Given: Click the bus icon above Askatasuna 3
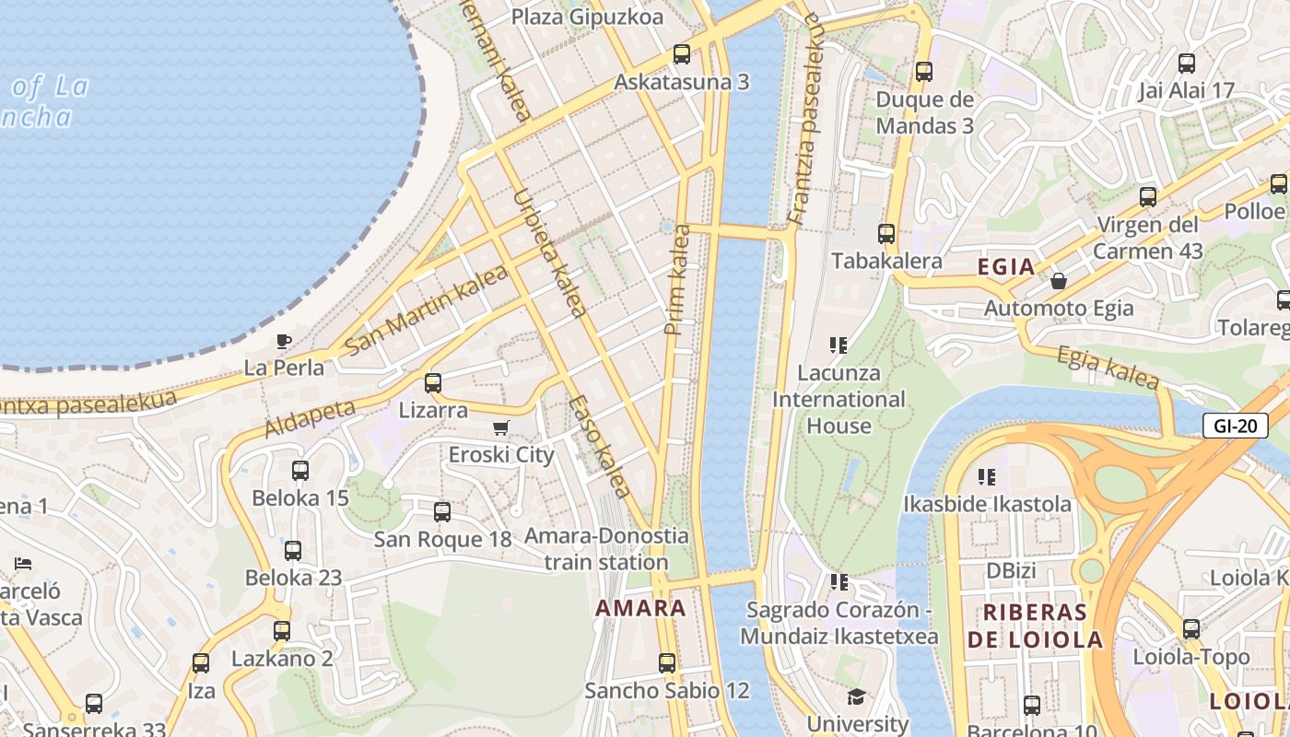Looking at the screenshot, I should pos(682,54).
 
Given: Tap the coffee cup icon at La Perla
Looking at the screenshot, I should pos(284,342).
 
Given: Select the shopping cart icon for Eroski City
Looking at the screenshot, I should pos(501,427).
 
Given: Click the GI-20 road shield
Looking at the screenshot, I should pos(1235,426).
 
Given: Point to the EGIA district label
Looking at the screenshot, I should pos(1006,267).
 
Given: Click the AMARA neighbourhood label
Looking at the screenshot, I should pos(640,608).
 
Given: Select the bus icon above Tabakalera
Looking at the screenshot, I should pos(886,234).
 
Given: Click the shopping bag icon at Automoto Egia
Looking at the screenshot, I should pos(1059,280).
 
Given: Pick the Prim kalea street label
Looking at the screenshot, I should pos(677,279).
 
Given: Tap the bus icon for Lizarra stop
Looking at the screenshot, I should pos(433,383).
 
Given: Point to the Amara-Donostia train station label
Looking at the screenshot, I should pos(606,548).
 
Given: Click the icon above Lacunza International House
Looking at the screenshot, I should pos(838,345).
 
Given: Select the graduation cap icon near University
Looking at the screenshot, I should pos(857,696).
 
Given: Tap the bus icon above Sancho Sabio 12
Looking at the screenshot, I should pos(667,662).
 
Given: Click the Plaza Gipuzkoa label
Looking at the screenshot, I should pos(587,17).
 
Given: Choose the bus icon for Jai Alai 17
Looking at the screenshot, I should pos(1187,64).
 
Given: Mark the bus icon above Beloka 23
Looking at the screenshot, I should pos(293,551).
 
